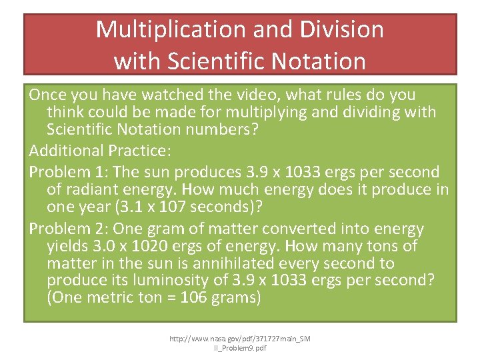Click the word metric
click(109, 297)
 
